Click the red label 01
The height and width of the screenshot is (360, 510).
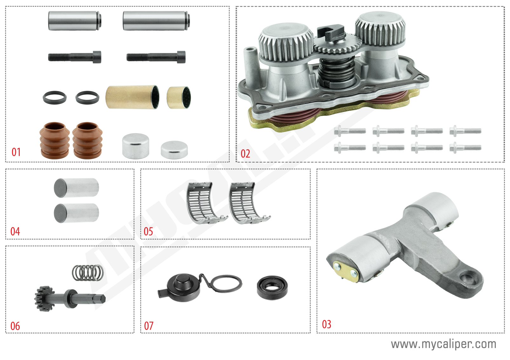pos(16,152)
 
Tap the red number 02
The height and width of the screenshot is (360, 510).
pos(245,154)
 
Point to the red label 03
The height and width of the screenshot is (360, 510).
pos(326,324)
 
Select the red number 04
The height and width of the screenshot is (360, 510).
pos(15,231)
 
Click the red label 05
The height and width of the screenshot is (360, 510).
pos(148,231)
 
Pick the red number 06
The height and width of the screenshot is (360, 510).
pos(15,326)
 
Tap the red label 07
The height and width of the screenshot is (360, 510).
pos(149,326)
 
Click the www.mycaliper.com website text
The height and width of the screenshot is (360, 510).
pos(443,344)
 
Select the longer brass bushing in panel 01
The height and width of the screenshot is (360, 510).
pos(132,97)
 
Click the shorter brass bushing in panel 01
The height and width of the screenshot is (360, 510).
pos(178,97)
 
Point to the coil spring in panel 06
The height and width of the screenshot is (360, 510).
pos(88,273)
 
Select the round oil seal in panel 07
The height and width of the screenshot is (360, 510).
pos(272,288)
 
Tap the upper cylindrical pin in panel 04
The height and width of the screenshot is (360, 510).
pos(76,188)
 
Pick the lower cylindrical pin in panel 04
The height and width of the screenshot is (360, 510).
pos(76,213)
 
